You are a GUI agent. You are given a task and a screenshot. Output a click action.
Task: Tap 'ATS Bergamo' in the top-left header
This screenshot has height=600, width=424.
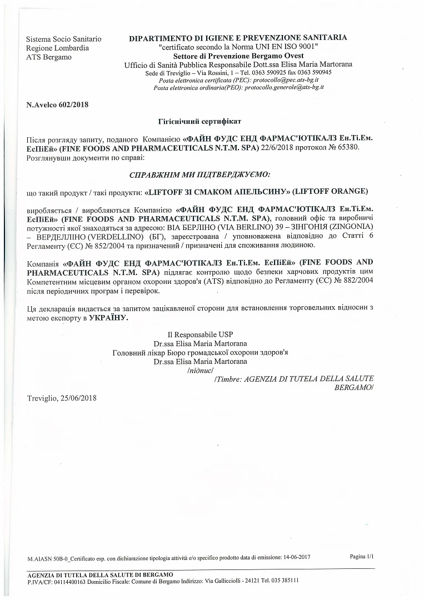point(49,57)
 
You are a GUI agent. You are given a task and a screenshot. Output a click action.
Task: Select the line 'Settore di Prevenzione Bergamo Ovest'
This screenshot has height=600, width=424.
point(238,57)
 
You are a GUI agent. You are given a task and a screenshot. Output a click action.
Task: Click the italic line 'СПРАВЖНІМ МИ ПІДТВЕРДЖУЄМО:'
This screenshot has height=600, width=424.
point(199,174)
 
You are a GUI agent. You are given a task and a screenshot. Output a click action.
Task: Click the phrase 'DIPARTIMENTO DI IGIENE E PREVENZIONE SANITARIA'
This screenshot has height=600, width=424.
point(238,38)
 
